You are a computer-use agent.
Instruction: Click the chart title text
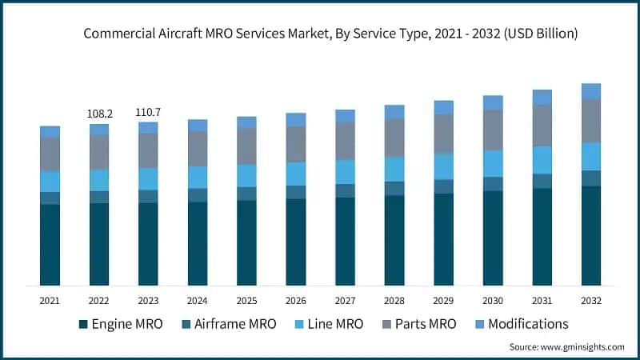[320, 34]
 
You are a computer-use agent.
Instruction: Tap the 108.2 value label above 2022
[99, 114]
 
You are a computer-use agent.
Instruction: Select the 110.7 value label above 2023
[148, 113]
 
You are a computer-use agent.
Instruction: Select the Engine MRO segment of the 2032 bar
[590, 236]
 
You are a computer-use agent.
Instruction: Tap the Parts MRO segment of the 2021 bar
[50, 154]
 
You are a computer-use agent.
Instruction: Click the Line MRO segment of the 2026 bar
[296, 174]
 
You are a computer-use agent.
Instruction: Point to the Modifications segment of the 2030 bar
[493, 102]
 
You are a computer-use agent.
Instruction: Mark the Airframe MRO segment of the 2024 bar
[198, 195]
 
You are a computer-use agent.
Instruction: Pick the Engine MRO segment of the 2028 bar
[394, 240]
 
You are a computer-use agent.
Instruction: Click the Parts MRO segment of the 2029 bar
[443, 133]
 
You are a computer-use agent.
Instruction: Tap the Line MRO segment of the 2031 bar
[542, 160]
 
